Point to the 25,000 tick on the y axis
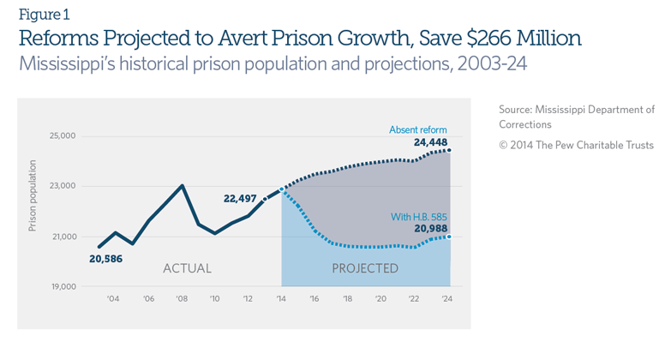tap(62, 136)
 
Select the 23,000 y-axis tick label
tap(62, 186)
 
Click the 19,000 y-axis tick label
tap(62, 287)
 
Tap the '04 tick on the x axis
tap(112, 299)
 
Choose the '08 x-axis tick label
tap(181, 299)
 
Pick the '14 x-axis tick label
tap(281, 299)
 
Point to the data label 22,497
tap(240, 198)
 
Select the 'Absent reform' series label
tap(418, 129)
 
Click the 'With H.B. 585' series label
tap(418, 216)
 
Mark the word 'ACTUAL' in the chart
tap(187, 268)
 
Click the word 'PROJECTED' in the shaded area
tap(364, 268)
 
